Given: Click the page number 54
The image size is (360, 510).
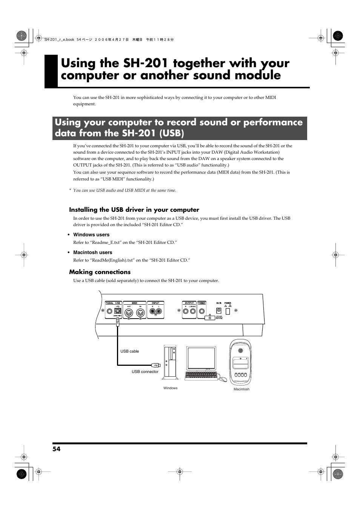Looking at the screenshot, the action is tap(56, 449).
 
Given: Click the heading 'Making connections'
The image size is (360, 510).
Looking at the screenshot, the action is tap(100, 272).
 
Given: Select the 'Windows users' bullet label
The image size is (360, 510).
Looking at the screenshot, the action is tap(91, 235).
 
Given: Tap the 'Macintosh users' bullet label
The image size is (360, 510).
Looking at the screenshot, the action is tap(92, 253).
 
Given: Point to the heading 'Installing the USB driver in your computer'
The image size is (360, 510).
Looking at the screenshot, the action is tap(134, 210).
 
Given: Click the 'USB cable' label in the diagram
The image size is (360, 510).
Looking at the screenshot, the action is tap(129, 351).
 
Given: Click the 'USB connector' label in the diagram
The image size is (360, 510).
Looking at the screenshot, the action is tap(145, 372).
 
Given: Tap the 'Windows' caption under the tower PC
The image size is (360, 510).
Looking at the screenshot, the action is tap(170, 388).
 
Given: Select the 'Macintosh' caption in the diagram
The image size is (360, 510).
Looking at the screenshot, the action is tap(242, 389).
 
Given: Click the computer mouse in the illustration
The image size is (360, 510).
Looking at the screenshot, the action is tap(223, 379).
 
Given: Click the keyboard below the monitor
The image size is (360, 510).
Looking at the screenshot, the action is tap(201, 376).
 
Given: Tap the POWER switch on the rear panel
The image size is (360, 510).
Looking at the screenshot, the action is tap(228, 311).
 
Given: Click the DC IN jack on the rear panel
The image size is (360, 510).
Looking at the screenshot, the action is tap(218, 311).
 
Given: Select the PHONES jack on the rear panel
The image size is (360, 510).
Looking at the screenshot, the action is tap(202, 311).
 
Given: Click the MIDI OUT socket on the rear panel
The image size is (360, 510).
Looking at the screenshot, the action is tap(129, 312).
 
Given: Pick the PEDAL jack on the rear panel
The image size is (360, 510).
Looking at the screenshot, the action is tap(109, 311).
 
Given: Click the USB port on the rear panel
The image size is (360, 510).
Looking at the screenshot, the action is tap(117, 311).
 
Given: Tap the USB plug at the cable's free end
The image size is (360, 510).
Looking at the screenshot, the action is tap(156, 365).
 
